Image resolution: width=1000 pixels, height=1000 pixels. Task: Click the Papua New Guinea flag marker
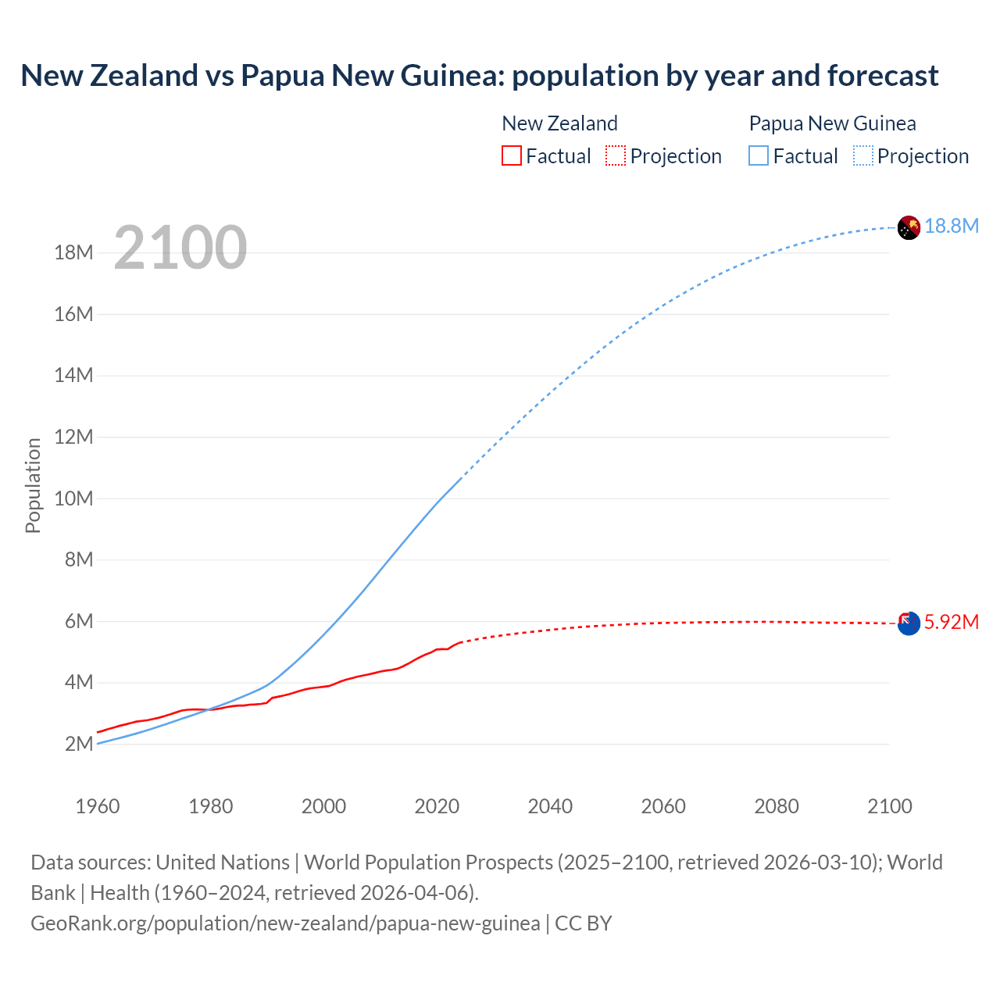(909, 227)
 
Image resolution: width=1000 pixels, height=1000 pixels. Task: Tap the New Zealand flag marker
(909, 623)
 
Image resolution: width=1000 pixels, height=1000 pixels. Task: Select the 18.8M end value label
(952, 227)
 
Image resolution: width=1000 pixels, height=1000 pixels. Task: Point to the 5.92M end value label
(952, 623)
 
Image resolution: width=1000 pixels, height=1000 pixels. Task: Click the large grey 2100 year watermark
(180, 248)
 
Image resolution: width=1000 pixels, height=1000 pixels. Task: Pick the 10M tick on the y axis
(74, 498)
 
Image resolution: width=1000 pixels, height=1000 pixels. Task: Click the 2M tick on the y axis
(79, 744)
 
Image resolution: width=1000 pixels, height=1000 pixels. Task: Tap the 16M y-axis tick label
(74, 314)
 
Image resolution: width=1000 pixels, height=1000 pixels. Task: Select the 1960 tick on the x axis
(98, 806)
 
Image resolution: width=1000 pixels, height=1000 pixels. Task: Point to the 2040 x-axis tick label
(550, 806)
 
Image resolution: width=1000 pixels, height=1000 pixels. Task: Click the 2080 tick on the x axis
(777, 806)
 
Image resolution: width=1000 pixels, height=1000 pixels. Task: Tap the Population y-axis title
(33, 485)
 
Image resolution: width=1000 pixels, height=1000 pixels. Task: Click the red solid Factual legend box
(512, 155)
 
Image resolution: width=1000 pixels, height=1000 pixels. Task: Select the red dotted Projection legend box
(616, 155)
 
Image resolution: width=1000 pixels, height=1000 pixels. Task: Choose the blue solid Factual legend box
(759, 155)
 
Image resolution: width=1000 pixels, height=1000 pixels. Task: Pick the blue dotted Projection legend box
(863, 155)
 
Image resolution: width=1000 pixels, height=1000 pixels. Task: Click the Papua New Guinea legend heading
(832, 123)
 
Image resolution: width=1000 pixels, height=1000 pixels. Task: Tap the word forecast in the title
(883, 76)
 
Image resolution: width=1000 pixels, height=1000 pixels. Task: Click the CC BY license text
(584, 923)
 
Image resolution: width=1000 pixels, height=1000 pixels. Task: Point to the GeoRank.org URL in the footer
(285, 923)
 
